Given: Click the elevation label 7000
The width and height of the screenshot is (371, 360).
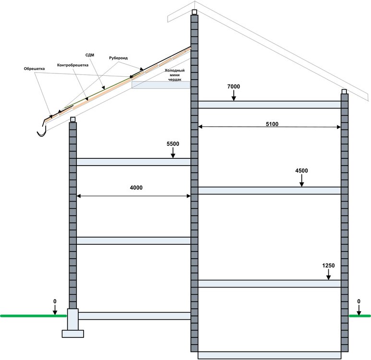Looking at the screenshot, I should click(x=234, y=86).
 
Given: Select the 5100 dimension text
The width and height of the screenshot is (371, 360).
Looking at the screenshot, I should click(x=272, y=124).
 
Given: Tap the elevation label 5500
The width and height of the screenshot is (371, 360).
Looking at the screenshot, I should click(x=173, y=144).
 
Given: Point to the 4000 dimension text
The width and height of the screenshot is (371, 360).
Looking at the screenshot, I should click(x=136, y=188).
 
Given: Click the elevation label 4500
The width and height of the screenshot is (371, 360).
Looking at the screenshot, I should click(x=301, y=171).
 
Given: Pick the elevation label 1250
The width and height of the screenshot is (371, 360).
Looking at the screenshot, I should click(x=328, y=265).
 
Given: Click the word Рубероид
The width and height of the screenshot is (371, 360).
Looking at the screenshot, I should click(x=118, y=58).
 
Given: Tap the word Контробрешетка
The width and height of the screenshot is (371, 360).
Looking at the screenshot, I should click(x=72, y=65).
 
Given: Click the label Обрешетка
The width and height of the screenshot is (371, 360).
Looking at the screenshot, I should click(x=34, y=69).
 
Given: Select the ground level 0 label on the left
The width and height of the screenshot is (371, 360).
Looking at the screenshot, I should click(x=55, y=301).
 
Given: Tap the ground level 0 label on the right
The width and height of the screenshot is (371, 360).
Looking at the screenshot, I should click(x=359, y=301).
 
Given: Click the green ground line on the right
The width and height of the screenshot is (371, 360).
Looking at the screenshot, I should click(x=359, y=316).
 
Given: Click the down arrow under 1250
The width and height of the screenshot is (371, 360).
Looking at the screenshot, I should click(x=329, y=276).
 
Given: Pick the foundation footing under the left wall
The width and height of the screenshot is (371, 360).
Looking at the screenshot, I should click(x=72, y=332).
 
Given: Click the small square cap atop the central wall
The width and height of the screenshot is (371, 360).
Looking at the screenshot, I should click(x=194, y=12).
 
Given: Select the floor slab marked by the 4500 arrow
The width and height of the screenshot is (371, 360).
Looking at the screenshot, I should click(x=269, y=191).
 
